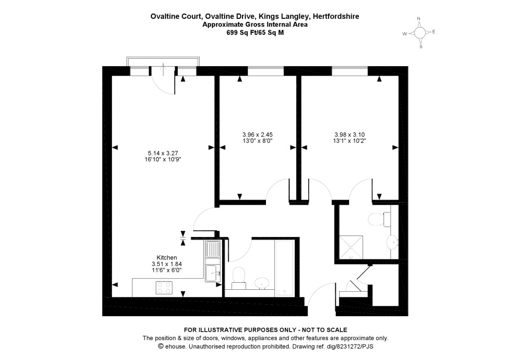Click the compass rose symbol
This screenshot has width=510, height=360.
(420, 33)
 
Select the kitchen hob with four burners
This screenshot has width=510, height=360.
(164, 287)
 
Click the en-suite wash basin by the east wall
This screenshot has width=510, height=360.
(393, 243)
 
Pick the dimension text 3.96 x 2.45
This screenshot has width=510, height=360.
(257, 134)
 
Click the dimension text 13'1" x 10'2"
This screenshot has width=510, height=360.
(349, 140)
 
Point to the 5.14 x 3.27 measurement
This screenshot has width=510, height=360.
(163, 153)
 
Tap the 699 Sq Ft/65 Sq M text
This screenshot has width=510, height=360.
(255, 32)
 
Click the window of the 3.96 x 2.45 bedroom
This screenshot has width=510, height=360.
(265, 71)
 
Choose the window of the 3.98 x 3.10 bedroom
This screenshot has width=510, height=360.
(350, 71)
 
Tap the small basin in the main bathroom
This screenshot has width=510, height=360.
(261, 283)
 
